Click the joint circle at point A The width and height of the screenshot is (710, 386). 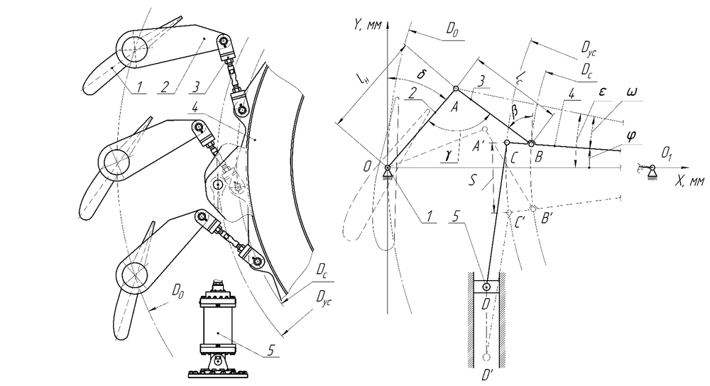pos(456,89)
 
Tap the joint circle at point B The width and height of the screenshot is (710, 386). pos(532,144)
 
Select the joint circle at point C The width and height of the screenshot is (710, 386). pos(507,143)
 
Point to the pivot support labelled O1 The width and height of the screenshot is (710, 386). pos(652,171)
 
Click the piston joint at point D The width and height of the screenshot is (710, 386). pos(486,287)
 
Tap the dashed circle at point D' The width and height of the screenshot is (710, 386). pos(486,358)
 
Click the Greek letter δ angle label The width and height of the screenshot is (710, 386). pos(421,74)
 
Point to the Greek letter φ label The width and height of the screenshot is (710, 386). pos(631,136)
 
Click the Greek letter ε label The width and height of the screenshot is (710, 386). pos(602,92)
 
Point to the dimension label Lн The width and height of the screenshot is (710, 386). pos(362,82)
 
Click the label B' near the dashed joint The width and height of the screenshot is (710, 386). pos(547,219)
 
